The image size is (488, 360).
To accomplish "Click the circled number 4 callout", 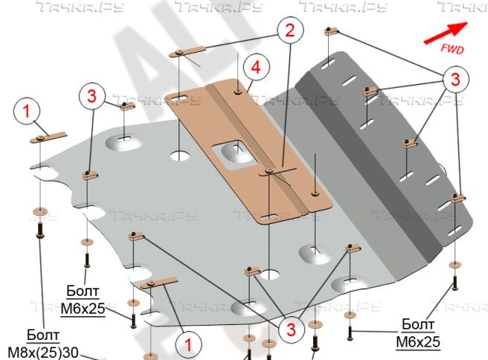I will (255, 68).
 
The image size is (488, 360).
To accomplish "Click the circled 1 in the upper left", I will (27, 112).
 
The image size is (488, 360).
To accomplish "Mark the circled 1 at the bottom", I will (188, 343).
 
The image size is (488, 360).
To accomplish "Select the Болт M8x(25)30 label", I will (43, 343).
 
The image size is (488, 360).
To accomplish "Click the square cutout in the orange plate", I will (233, 152).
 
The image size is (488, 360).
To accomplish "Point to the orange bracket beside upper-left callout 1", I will (48, 138).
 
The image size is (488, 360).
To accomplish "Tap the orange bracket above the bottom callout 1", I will (158, 284).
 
